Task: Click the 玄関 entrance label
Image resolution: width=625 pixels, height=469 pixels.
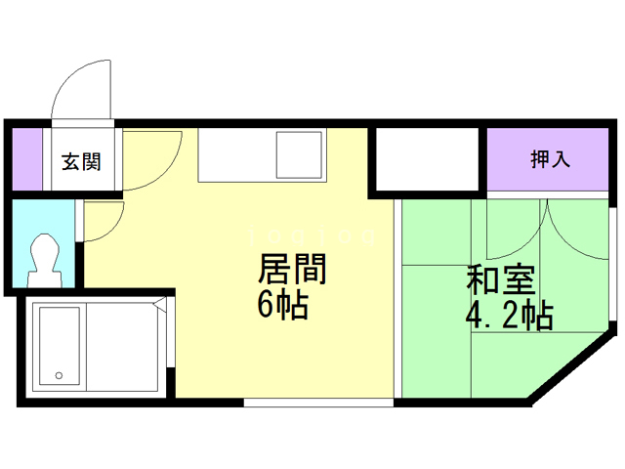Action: coord(82,161)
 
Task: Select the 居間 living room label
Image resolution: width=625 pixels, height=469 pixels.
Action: coord(291,269)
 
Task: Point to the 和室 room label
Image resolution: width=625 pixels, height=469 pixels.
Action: coord(500,280)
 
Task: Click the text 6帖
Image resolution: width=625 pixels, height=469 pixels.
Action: coord(283,307)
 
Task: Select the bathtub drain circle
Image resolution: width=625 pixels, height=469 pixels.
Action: coord(59,374)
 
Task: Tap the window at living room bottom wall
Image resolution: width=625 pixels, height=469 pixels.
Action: coord(317,401)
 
